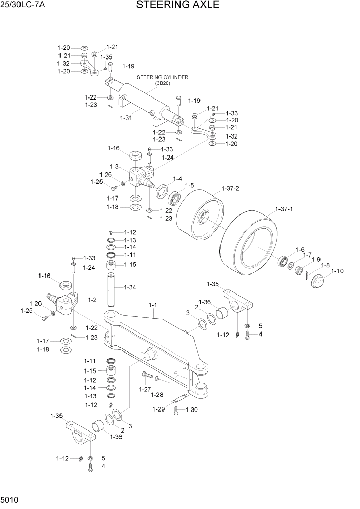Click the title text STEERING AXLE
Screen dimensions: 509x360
point(178,6)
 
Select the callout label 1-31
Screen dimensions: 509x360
point(126,118)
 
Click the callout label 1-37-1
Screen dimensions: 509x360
point(284,209)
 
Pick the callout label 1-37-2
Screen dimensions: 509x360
point(230,188)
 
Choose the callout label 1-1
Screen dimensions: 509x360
point(152,306)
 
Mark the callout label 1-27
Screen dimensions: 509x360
point(145,389)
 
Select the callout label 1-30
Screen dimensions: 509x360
point(191,409)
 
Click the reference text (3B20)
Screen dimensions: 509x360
point(162,83)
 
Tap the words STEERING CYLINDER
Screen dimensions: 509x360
point(162,77)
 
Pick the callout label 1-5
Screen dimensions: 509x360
point(189,185)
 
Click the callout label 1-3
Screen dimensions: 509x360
point(114,166)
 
